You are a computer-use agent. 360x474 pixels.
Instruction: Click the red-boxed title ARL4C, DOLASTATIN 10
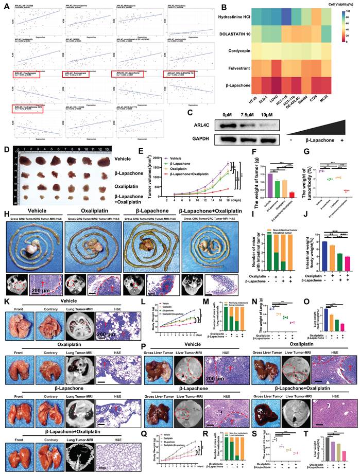tap(182, 74)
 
